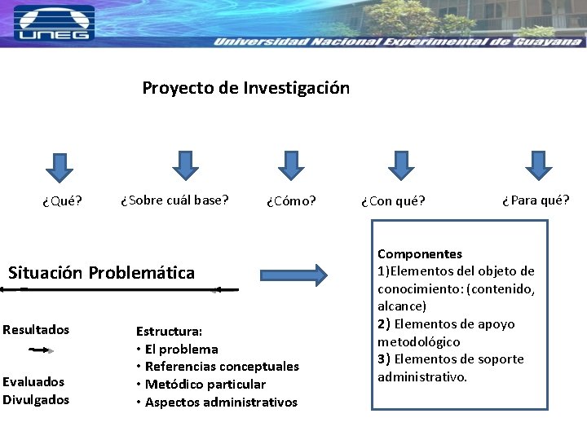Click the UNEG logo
[x=54, y=23]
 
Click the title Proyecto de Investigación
[x=245, y=88]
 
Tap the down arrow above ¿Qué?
[x=59, y=166]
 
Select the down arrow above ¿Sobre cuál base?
[x=186, y=165]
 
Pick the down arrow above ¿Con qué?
[x=399, y=165]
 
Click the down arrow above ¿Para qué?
[x=538, y=165]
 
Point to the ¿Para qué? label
[x=536, y=200]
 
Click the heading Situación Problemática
[x=102, y=273]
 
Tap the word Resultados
[x=36, y=330]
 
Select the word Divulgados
[x=36, y=399]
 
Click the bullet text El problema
[x=181, y=350]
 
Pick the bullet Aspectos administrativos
[x=221, y=403]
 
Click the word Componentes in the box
[x=420, y=254]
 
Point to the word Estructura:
[x=169, y=332]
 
